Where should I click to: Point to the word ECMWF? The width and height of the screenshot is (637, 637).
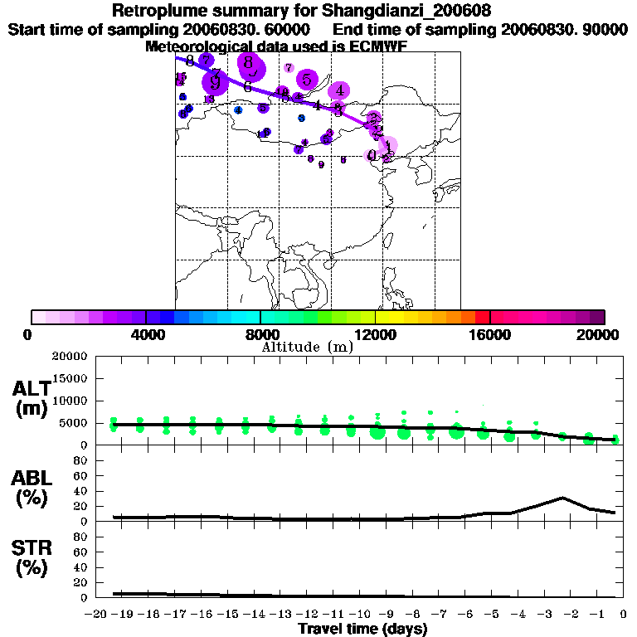(x=378, y=46)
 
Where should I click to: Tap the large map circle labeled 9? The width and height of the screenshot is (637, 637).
(x=216, y=81)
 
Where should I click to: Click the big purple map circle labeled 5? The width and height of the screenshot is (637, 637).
(x=307, y=80)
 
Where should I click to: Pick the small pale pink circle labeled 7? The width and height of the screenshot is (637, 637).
(x=289, y=68)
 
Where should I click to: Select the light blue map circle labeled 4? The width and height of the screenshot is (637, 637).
(x=238, y=109)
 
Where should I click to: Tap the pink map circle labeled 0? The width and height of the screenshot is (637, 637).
(x=372, y=155)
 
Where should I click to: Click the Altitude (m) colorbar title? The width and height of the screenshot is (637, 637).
(x=307, y=347)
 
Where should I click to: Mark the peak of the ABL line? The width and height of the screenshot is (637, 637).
(x=562, y=498)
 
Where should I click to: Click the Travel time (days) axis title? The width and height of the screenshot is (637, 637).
(x=362, y=630)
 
